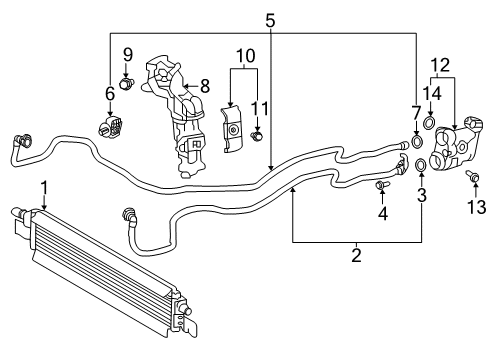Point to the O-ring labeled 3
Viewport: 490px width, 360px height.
(x=421, y=164)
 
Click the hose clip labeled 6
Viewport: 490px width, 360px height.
(x=113, y=126)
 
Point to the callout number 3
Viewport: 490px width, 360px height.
(x=422, y=194)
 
